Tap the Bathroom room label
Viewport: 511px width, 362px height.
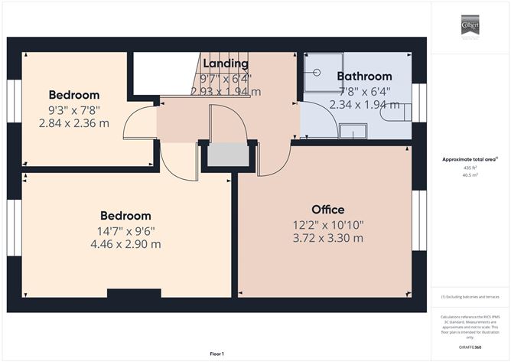364,77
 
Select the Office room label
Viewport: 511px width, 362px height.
327,210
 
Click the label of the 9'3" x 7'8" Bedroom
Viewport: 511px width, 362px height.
73,95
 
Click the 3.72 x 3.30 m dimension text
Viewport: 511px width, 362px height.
327,238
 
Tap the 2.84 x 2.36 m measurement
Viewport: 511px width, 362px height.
73,122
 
